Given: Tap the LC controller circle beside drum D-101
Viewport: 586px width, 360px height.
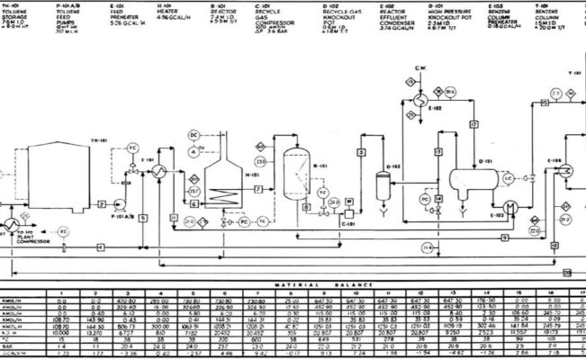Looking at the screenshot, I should click(x=509, y=179).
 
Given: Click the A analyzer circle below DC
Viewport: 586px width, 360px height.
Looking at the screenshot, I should click(x=193, y=153).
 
